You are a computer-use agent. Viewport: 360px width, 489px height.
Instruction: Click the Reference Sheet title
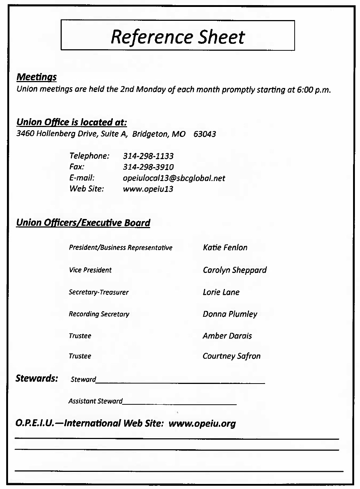(177, 36)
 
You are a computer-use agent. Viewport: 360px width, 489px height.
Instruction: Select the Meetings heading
(37, 77)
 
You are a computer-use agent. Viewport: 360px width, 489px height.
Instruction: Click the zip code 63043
(204, 134)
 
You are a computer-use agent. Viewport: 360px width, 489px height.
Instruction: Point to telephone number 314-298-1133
(148, 156)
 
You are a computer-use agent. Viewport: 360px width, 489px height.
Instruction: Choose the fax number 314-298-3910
(148, 167)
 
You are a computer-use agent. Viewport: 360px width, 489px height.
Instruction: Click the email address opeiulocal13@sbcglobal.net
(174, 178)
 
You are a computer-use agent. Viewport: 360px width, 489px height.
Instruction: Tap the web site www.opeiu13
(148, 189)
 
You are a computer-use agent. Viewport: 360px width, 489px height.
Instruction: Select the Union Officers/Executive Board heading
(83, 223)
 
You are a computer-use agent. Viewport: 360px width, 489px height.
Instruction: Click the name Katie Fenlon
(225, 247)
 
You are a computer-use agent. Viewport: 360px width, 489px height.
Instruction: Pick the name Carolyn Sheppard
(234, 270)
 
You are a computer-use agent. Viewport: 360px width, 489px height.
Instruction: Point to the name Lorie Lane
(221, 292)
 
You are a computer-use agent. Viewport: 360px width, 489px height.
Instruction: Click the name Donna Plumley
(230, 314)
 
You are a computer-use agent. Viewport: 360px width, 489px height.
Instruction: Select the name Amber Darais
(227, 336)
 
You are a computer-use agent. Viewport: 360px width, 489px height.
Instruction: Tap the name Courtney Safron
(231, 356)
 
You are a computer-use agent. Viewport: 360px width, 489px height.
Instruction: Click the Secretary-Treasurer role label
(99, 292)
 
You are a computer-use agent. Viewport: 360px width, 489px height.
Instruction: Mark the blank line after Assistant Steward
(180, 403)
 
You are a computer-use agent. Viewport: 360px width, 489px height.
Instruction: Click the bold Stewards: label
(37, 378)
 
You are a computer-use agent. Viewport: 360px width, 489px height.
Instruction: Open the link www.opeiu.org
(202, 423)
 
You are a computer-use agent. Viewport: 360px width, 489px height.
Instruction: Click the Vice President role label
(90, 270)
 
